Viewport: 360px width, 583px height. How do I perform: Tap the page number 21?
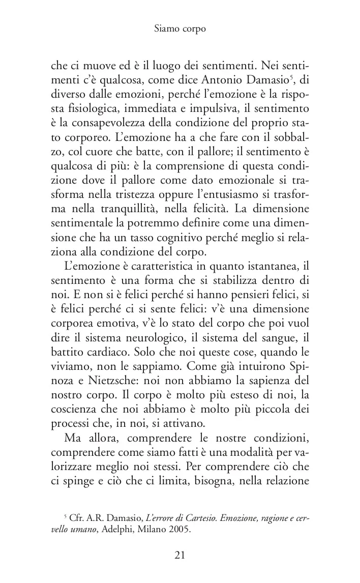coord(179,555)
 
